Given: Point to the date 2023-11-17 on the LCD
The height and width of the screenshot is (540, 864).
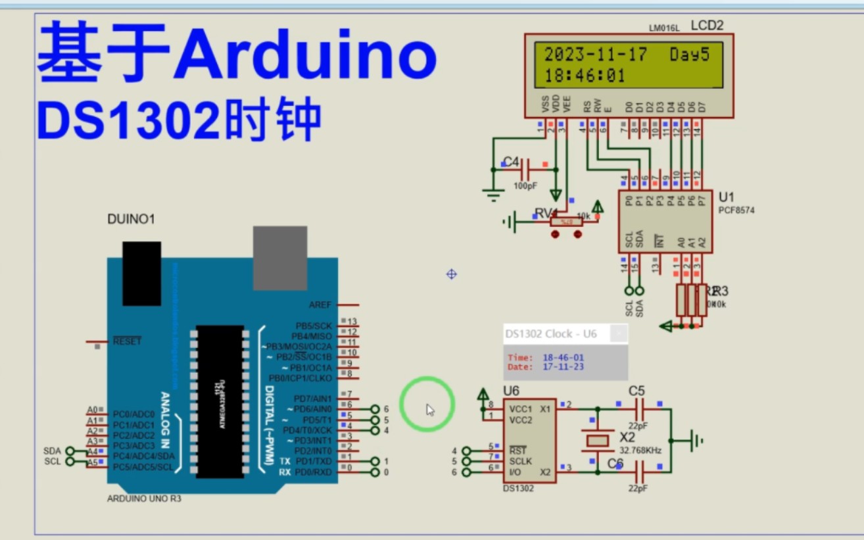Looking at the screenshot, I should click(x=596, y=55).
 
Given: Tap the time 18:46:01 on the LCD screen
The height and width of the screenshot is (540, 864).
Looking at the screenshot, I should click(x=585, y=76).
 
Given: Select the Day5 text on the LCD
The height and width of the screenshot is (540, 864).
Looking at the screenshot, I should click(x=690, y=55).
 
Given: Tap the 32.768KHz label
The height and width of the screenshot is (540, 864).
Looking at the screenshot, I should click(x=640, y=451).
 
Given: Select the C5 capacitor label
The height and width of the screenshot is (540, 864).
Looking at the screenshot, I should click(x=636, y=391).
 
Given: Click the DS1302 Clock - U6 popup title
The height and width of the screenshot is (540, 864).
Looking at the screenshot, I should click(x=551, y=334).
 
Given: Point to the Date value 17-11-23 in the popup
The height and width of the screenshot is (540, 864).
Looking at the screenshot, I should click(x=563, y=367).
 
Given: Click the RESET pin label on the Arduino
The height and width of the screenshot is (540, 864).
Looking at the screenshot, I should click(x=127, y=341).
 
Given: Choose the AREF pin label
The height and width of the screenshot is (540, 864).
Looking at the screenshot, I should click(x=320, y=305).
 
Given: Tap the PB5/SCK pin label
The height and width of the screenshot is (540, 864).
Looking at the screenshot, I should click(x=314, y=326).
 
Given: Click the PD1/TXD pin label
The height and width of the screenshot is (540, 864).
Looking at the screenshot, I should click(x=313, y=462).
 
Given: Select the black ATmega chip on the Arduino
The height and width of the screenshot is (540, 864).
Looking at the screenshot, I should click(x=219, y=401).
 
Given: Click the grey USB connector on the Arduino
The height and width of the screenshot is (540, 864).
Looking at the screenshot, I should click(x=280, y=258).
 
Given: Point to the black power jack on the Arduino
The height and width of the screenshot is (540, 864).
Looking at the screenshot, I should click(x=141, y=273).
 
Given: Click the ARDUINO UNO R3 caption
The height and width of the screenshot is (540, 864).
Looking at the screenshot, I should click(x=144, y=499).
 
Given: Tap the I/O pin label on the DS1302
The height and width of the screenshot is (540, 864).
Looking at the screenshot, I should click(x=516, y=472).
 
